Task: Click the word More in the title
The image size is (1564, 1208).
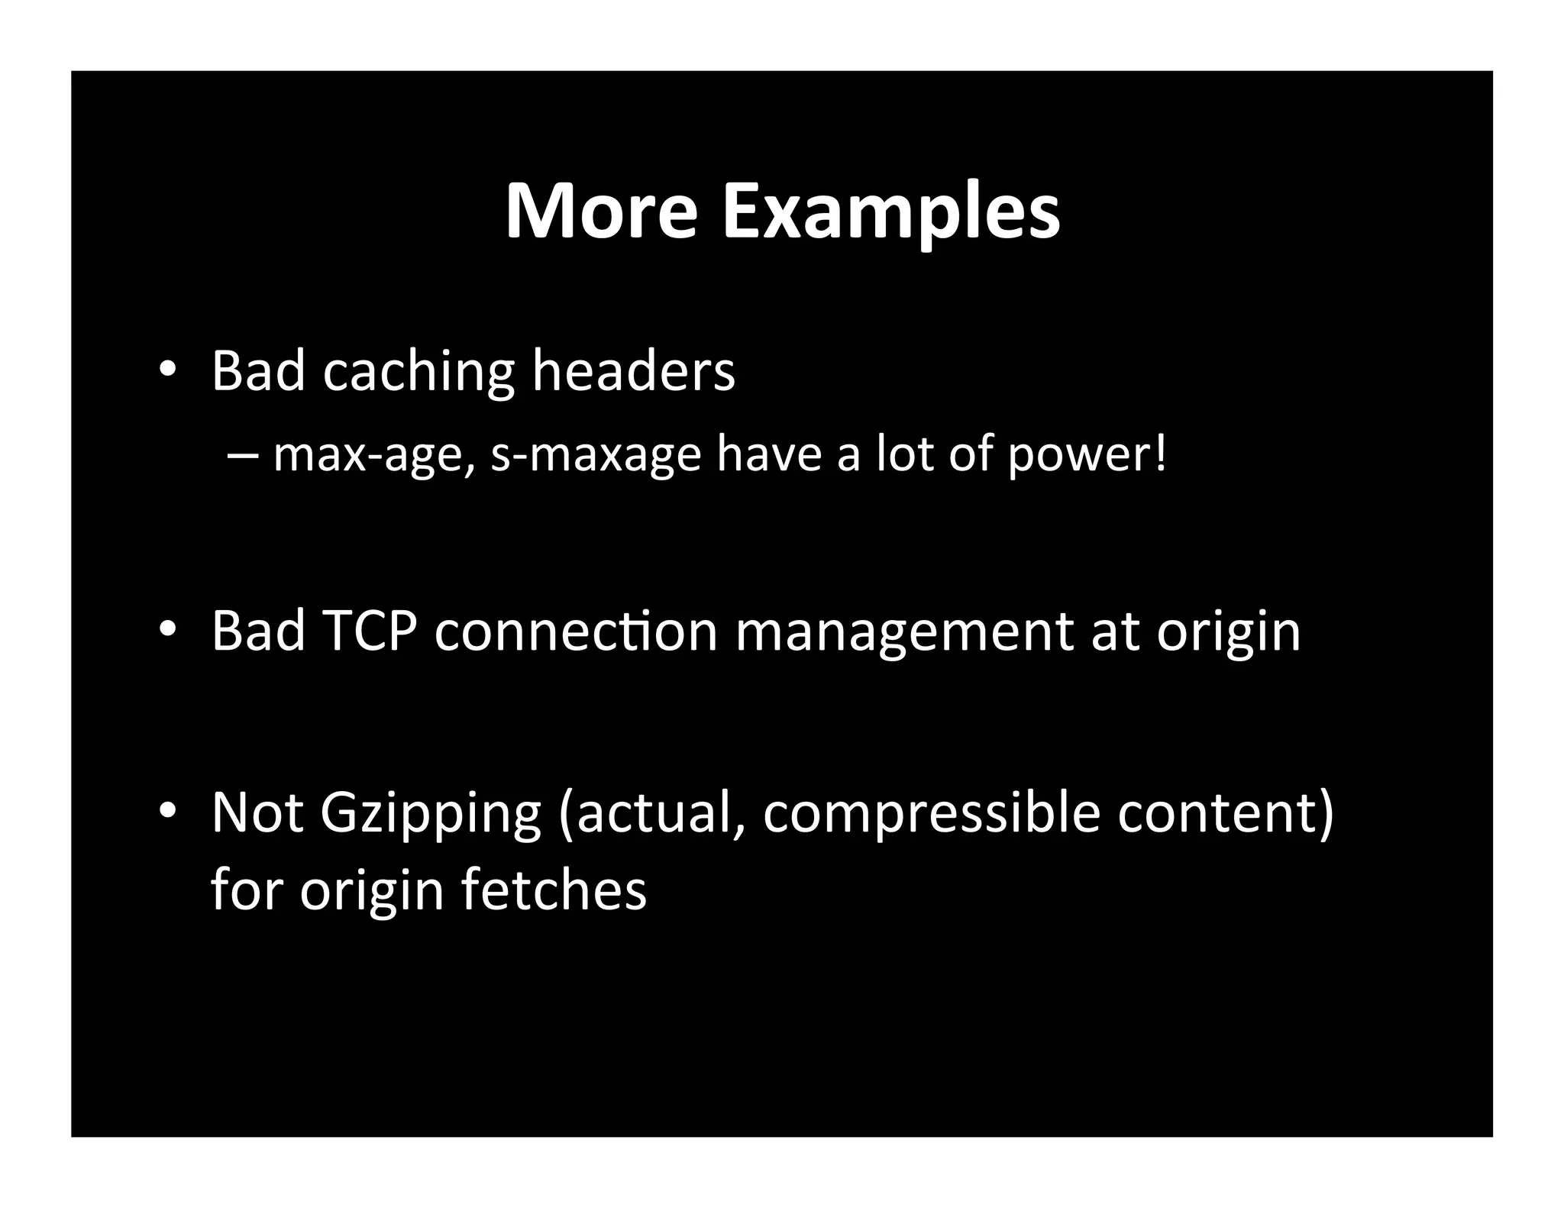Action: tap(601, 211)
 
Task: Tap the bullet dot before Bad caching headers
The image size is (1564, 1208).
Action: tap(167, 370)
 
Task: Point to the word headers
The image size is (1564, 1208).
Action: tap(633, 371)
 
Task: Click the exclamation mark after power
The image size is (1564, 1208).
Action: tap(1161, 452)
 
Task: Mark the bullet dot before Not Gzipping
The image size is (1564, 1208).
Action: tap(167, 812)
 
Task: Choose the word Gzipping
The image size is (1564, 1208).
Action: tap(430, 814)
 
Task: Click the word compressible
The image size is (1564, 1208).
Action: tap(931, 814)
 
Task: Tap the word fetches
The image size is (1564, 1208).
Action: tap(554, 890)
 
